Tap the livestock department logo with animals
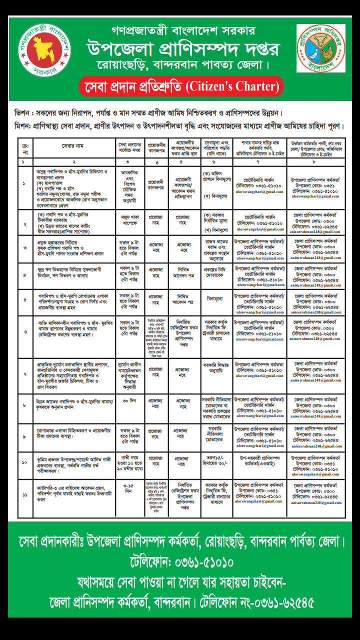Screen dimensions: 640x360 (x=320, y=48)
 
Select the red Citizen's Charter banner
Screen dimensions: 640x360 (x=181, y=86)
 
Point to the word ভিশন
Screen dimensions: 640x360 (x=24, y=113)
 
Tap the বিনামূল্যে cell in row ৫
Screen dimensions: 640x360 (x=217, y=298)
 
